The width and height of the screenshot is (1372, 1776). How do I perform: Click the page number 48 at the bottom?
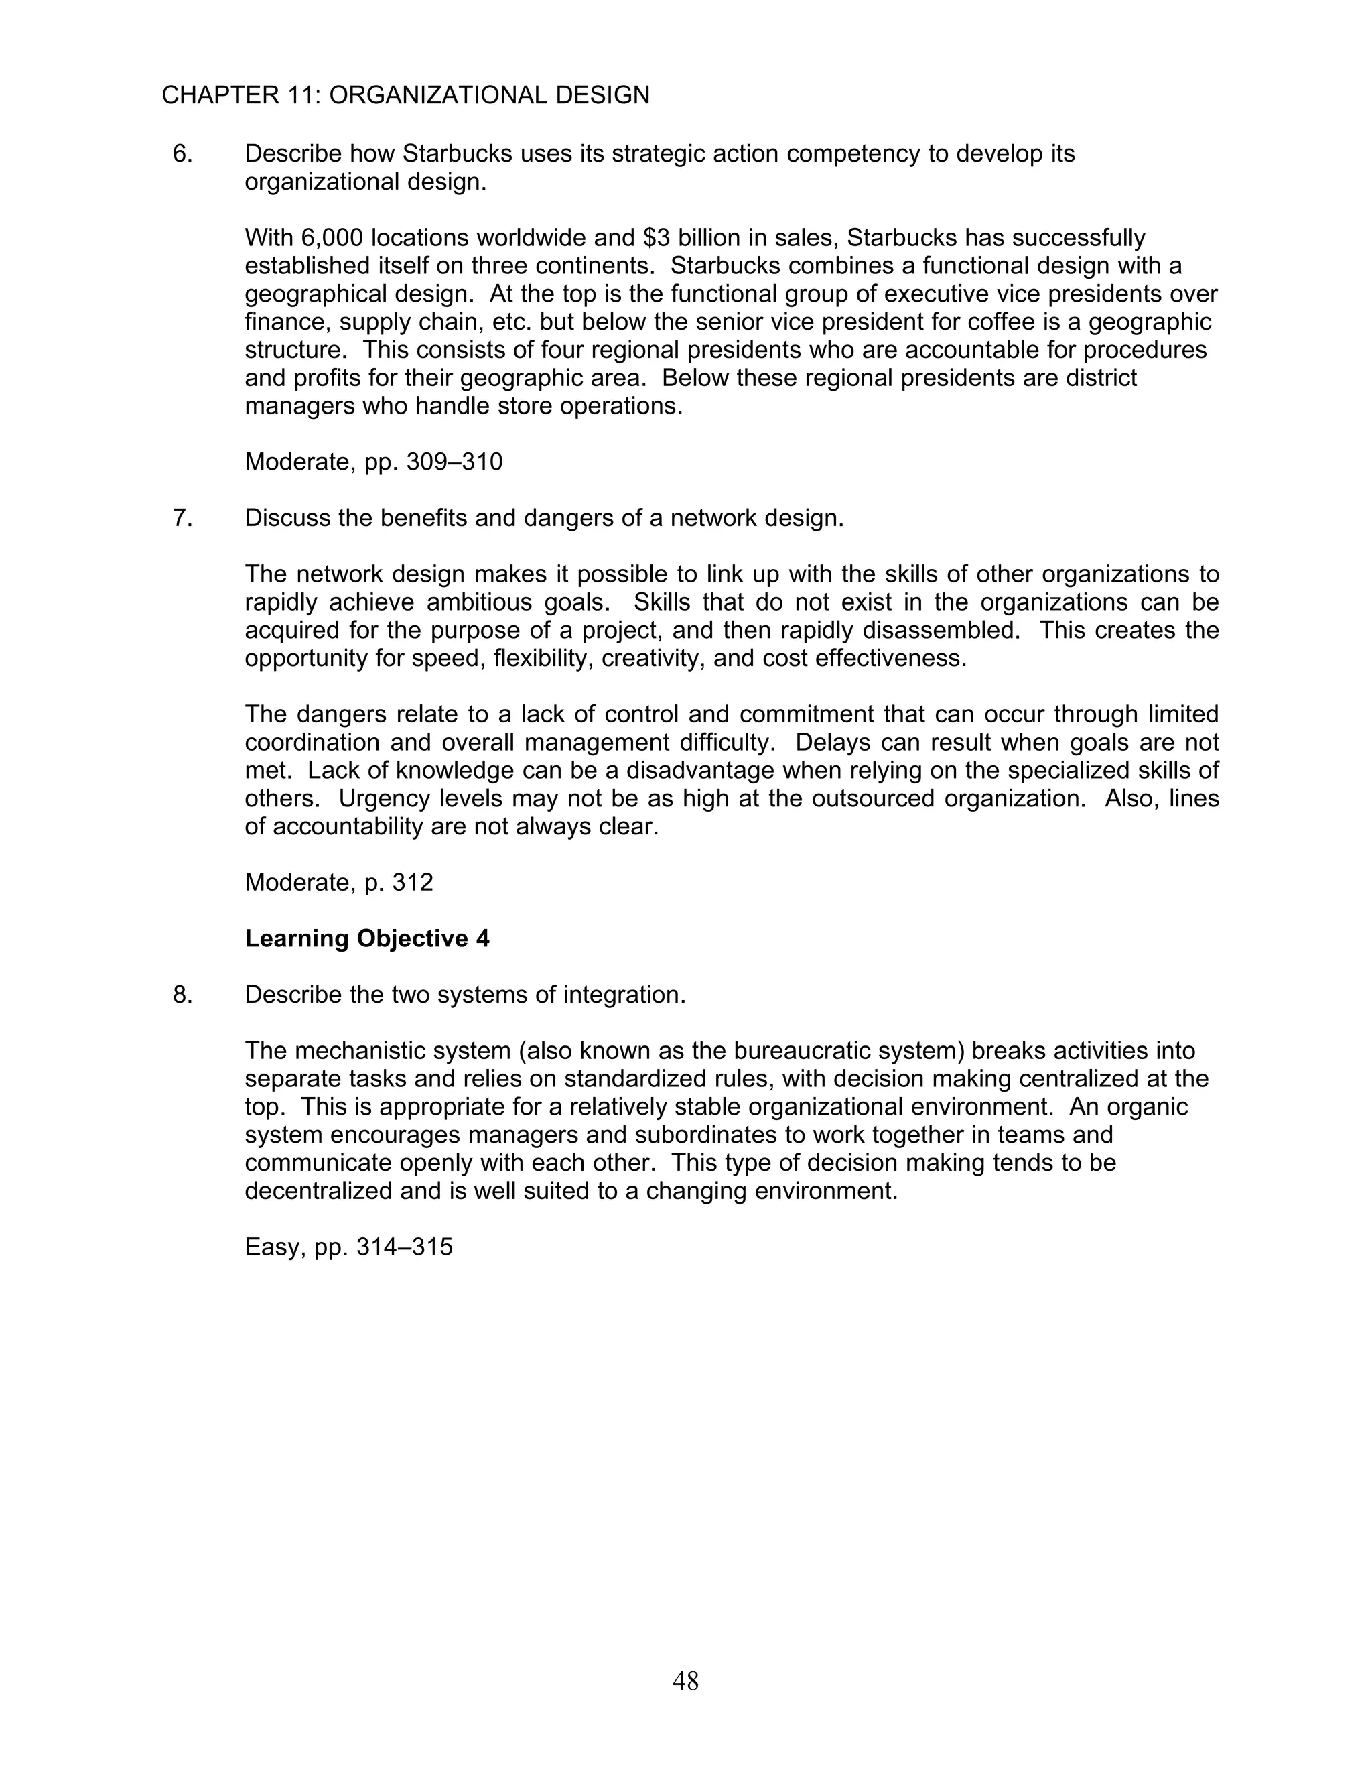click(685, 1680)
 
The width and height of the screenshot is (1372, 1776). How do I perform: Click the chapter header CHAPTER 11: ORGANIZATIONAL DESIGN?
click(405, 96)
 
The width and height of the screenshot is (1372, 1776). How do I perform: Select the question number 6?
click(182, 153)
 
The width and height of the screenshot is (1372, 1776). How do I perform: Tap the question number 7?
click(182, 518)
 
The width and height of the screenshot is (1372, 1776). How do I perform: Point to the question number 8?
click(182, 995)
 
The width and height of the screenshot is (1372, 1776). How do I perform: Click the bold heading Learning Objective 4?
click(366, 938)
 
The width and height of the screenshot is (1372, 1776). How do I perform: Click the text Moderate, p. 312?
click(339, 883)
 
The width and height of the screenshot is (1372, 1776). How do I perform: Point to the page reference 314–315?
click(404, 1247)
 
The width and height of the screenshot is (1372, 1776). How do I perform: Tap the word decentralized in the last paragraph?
click(320, 1192)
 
